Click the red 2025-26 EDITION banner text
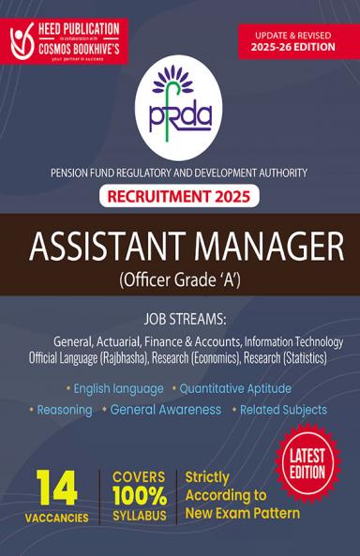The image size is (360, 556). click(x=298, y=48)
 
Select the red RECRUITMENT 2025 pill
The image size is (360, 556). click(x=179, y=198)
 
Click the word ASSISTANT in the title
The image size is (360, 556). click(x=107, y=247)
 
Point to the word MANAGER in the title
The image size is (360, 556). click(x=265, y=247)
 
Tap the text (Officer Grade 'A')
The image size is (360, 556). click(x=180, y=280)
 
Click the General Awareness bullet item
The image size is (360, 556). click(x=165, y=410)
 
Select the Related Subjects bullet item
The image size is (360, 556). click(x=283, y=410)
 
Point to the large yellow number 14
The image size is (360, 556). click(x=57, y=488)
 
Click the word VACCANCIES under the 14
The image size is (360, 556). click(x=57, y=518)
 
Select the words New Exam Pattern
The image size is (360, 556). click(x=243, y=513)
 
